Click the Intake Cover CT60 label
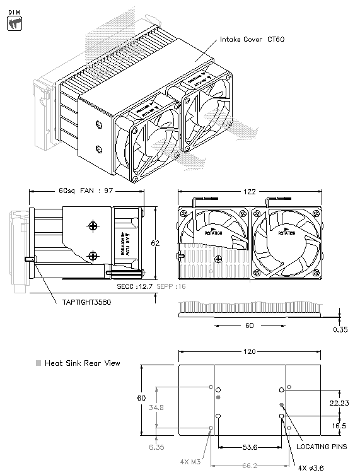click(x=252, y=40)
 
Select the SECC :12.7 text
click(x=137, y=286)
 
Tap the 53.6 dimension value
click(x=248, y=447)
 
